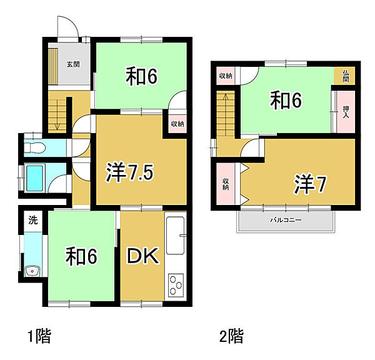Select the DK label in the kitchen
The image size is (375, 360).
point(144,256)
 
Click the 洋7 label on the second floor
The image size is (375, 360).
point(311,183)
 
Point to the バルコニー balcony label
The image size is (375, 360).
point(286,221)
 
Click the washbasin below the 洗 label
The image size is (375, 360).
point(32,271)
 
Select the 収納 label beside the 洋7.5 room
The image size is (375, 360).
point(176,124)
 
